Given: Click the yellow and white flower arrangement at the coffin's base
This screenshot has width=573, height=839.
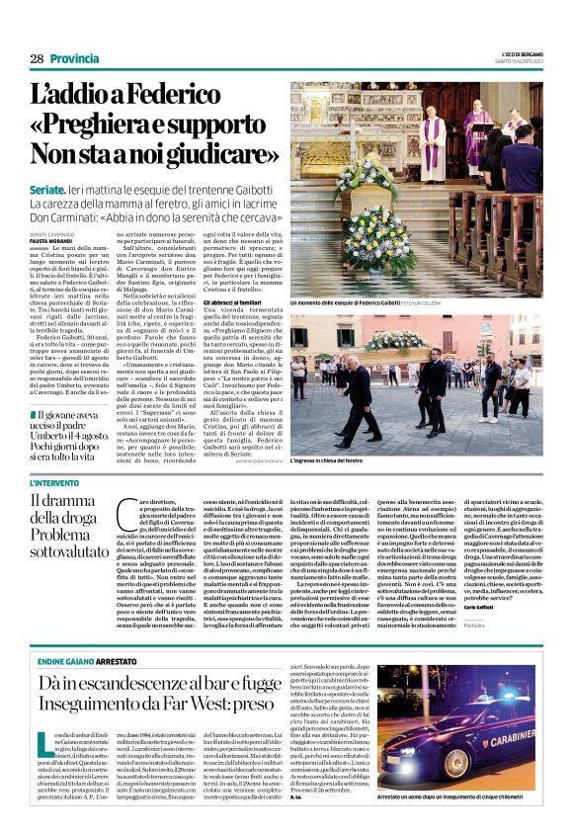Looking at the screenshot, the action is coord(377,239).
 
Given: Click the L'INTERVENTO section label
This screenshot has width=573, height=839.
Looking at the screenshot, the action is coord(54,482).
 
